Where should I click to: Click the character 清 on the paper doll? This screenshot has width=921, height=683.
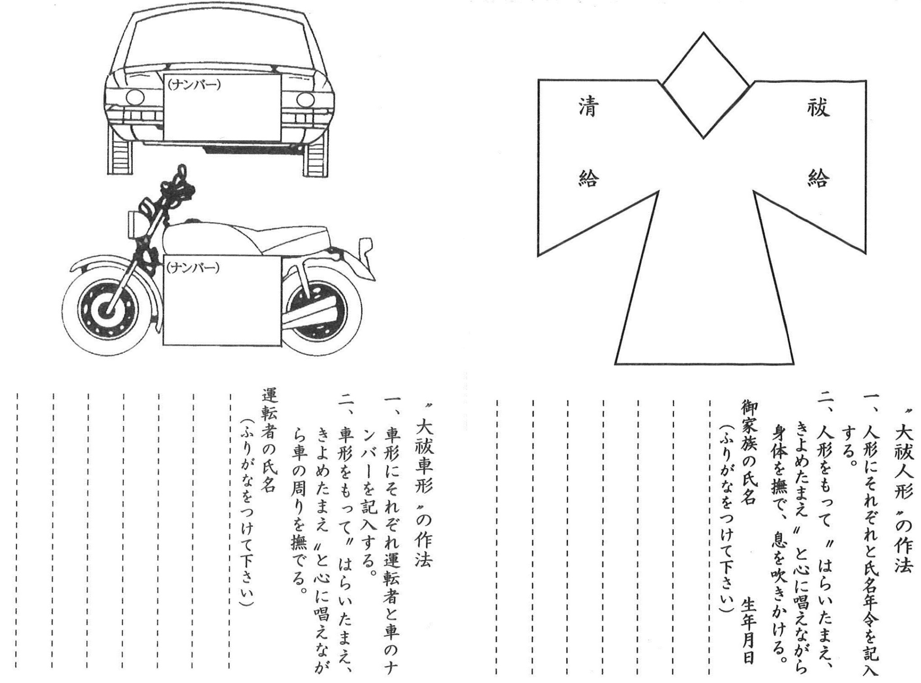click(588, 108)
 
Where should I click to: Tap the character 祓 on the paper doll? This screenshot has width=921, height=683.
click(818, 108)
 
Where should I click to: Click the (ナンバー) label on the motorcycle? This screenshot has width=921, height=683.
click(193, 268)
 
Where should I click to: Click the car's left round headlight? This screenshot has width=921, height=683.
click(135, 97)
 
